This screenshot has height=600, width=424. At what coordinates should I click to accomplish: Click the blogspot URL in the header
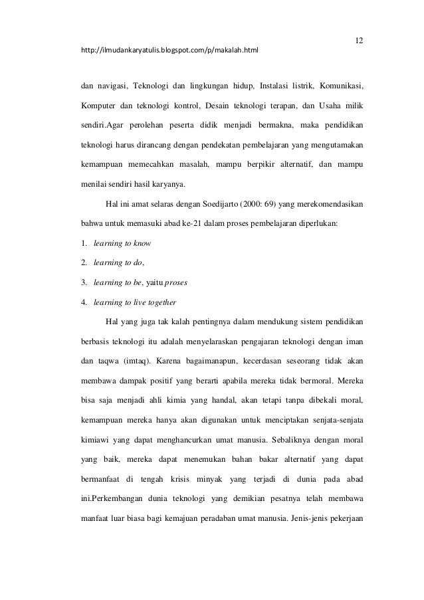(x=169, y=50)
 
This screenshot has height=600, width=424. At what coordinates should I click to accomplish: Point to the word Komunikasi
(x=340, y=85)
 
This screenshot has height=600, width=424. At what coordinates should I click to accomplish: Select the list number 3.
(x=84, y=282)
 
